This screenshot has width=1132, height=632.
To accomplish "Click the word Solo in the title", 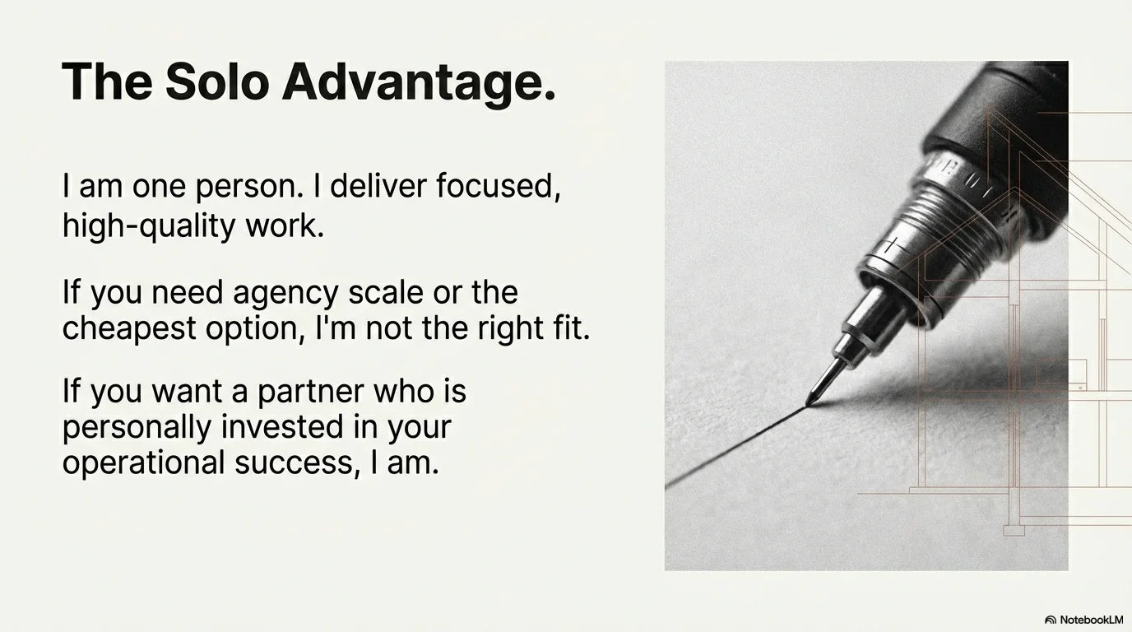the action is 217,81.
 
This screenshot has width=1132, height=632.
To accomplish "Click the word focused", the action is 499,185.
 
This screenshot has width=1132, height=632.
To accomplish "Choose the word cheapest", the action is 129,330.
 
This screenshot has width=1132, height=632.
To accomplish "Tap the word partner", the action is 310,393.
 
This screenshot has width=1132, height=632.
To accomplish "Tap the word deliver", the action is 378,185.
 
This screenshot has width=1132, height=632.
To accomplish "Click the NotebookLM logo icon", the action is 1051,620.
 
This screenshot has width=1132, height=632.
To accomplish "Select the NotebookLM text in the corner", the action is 1092,620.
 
